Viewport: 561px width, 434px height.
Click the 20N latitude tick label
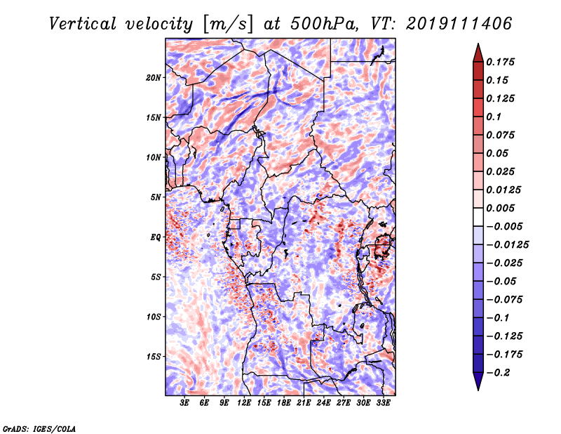[x=153, y=78]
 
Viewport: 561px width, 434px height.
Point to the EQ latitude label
[x=156, y=237]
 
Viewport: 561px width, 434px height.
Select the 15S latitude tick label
[x=153, y=357]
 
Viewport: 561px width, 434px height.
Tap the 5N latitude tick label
[x=156, y=197]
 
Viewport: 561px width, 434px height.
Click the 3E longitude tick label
[x=184, y=403]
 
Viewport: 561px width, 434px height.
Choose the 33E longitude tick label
[x=383, y=403]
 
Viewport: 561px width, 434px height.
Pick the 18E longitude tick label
[x=284, y=403]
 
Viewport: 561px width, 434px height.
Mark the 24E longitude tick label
[x=323, y=403]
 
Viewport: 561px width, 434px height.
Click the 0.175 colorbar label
[x=500, y=62]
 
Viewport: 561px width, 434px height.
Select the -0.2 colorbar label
[x=498, y=373]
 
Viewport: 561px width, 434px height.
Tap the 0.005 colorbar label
[x=500, y=208]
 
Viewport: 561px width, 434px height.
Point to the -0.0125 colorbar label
[x=507, y=245]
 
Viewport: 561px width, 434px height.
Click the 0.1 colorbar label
[x=494, y=117]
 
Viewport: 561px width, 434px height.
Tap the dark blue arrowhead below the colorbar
[x=478, y=381]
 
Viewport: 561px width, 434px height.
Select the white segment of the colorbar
[x=478, y=217]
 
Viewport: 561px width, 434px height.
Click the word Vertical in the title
[x=83, y=24]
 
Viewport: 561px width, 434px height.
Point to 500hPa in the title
[x=323, y=24]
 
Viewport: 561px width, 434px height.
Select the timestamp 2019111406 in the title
[x=459, y=24]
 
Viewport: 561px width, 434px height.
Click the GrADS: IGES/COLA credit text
[x=39, y=428]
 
